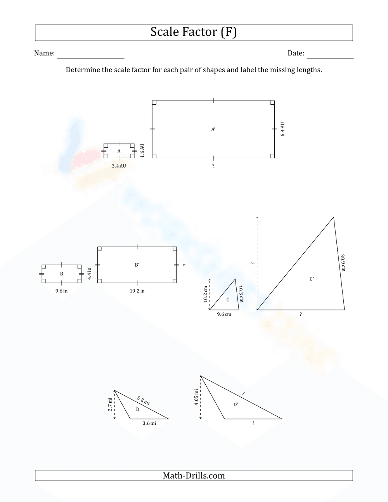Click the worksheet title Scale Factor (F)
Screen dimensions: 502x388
pyautogui.click(x=194, y=33)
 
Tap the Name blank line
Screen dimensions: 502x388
pyautogui.click(x=91, y=57)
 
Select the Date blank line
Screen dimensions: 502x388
pyautogui.click(x=330, y=57)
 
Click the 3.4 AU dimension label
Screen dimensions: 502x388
pyautogui.click(x=119, y=166)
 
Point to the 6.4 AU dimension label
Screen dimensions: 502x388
pyautogui.click(x=283, y=129)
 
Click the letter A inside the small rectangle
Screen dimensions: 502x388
pyautogui.click(x=119, y=151)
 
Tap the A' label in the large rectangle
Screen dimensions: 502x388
pyautogui.click(x=213, y=130)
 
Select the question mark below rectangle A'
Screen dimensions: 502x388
pyautogui.click(x=213, y=166)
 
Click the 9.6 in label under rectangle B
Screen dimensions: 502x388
pyautogui.click(x=61, y=291)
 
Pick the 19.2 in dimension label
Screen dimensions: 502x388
pyautogui.click(x=137, y=291)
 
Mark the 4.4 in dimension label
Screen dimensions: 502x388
pyautogui.click(x=89, y=274)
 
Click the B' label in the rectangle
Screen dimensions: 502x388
pyautogui.click(x=137, y=265)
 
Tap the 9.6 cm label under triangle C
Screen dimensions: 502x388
pyautogui.click(x=224, y=314)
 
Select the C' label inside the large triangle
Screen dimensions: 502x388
pyautogui.click(x=312, y=279)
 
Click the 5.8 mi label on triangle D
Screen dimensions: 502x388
pyautogui.click(x=144, y=400)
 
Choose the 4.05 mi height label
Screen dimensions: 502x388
pyautogui.click(x=196, y=397)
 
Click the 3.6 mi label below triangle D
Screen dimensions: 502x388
pyautogui.click(x=149, y=423)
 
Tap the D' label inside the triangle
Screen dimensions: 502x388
pyautogui.click(x=236, y=405)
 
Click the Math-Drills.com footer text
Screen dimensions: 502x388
pyautogui.click(x=194, y=476)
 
